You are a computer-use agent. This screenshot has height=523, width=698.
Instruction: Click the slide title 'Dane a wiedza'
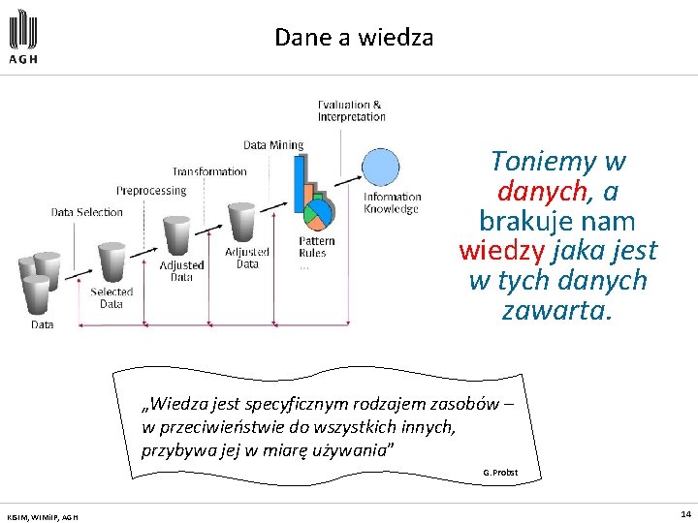point(354,38)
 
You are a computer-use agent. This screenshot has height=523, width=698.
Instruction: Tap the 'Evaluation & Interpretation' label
point(351,110)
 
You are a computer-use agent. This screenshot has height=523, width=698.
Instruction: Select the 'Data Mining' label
point(273,145)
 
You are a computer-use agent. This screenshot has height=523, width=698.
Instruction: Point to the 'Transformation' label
point(209,171)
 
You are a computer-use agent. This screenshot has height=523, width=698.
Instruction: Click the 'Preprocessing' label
point(151,191)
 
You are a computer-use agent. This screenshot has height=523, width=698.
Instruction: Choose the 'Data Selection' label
point(87,212)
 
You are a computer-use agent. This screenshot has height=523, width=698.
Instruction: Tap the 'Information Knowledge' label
point(392,202)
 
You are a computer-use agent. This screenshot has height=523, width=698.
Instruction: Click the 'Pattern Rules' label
point(316,247)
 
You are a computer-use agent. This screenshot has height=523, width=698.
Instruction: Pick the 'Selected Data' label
point(111,297)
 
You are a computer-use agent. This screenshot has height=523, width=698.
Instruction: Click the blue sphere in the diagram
point(380,167)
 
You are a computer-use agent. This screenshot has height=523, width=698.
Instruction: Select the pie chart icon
point(317,211)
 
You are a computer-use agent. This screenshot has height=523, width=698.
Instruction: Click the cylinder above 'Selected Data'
point(111,260)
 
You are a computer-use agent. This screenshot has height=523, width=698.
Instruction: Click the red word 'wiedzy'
point(501,251)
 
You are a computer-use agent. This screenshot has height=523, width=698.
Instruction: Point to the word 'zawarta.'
point(557,311)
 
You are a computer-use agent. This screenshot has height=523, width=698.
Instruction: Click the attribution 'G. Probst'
point(499,472)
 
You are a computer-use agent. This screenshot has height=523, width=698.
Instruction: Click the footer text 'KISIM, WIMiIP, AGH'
point(43,517)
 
